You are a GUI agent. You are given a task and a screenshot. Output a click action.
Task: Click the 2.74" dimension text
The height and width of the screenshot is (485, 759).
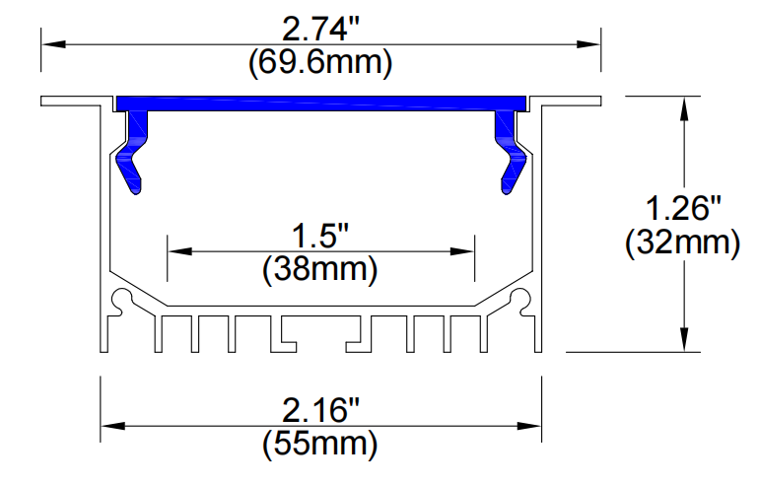[x=321, y=30]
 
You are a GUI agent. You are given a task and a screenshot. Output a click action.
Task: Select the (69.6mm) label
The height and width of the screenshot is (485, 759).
[x=320, y=63]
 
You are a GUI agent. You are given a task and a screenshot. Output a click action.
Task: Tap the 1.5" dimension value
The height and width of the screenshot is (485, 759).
[x=320, y=237]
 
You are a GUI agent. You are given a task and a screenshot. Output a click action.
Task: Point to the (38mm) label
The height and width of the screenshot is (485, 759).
[x=320, y=269]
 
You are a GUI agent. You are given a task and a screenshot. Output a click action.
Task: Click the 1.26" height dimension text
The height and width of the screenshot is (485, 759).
[x=683, y=209]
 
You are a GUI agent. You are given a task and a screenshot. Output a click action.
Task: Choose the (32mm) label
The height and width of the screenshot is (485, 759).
[x=683, y=242]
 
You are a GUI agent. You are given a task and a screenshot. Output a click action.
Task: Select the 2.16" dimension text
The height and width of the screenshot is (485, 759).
[x=321, y=410]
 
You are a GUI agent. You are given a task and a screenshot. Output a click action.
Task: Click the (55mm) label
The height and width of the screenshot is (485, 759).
[x=320, y=444]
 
